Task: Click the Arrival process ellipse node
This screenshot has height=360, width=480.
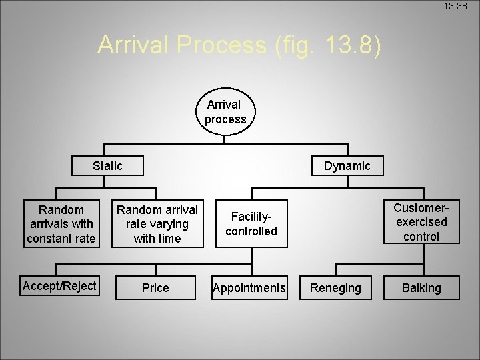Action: tap(225, 112)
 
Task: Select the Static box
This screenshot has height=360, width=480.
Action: tap(107, 165)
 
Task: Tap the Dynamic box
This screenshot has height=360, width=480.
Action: tap(347, 165)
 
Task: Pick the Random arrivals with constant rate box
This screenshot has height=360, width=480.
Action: tap(61, 224)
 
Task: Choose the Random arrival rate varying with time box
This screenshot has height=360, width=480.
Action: tap(157, 224)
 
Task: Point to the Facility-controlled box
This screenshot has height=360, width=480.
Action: tap(251, 224)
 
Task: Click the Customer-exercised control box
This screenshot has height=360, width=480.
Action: tap(421, 222)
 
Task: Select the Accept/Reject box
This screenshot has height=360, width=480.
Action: tap(60, 287)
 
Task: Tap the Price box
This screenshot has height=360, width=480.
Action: tap(155, 288)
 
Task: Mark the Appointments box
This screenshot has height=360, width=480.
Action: tap(249, 288)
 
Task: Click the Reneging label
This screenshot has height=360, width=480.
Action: tap(335, 288)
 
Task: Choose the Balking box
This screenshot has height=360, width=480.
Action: tap(421, 288)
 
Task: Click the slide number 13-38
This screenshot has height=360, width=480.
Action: tap(457, 6)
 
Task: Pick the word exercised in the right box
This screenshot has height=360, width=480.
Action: tap(421, 222)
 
